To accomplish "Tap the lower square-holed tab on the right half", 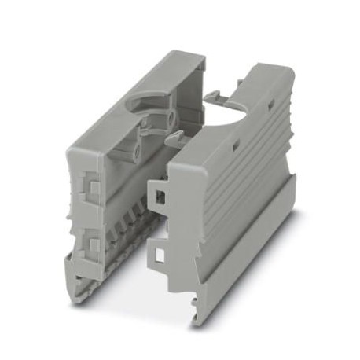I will [160, 252].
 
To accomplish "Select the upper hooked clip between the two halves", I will [212, 97].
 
